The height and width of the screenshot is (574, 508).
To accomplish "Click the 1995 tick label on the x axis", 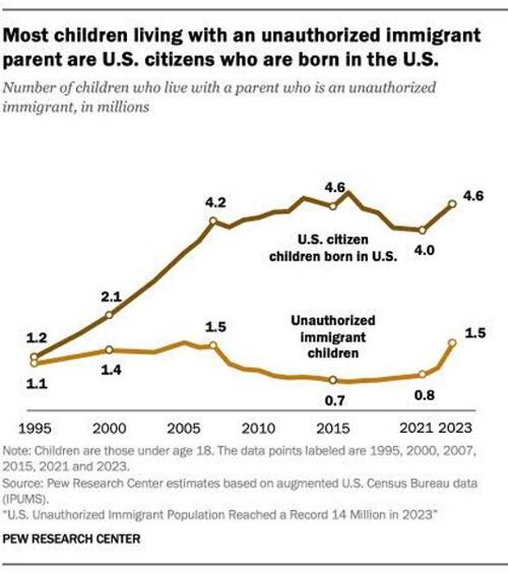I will (34, 428).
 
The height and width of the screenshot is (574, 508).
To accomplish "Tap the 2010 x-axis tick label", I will (258, 428).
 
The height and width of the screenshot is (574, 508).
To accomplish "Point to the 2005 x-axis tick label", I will (184, 428).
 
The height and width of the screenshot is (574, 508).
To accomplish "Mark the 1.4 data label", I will (111, 371).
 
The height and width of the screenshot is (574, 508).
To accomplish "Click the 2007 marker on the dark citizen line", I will (213, 221).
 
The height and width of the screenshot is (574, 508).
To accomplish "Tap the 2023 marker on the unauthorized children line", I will (452, 343).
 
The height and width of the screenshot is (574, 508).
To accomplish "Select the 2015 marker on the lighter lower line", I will (333, 380).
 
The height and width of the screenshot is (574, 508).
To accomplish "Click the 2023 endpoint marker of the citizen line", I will (452, 203).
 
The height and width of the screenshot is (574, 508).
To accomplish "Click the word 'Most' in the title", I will (31, 35).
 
